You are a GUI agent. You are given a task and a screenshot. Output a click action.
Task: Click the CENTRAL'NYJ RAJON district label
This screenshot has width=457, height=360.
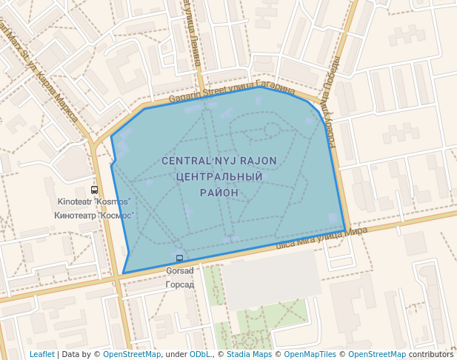point(219,161)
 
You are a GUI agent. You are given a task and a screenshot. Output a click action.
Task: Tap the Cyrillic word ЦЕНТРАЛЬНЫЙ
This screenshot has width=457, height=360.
point(220,177)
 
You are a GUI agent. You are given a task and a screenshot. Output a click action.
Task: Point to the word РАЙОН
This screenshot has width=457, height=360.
point(219,193)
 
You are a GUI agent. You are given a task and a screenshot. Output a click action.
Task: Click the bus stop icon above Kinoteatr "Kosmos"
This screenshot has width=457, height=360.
point(94,190)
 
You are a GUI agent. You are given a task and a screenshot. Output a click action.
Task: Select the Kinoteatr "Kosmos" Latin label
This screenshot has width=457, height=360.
point(94,202)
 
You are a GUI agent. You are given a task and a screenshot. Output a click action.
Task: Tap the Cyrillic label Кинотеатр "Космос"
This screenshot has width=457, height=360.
point(94,216)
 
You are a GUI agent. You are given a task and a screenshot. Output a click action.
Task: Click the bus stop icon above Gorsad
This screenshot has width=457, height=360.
point(179,259)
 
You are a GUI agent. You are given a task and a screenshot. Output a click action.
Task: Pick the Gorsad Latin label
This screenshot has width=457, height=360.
point(179,271)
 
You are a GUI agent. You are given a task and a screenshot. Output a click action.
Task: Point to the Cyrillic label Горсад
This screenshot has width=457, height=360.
point(179,284)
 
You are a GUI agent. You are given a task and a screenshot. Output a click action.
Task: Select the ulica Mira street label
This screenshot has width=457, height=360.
point(321,237)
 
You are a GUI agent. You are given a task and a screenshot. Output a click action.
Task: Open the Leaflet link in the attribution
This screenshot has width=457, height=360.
point(42,354)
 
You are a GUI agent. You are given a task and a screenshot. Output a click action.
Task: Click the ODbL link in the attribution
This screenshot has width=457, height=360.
point(199,354)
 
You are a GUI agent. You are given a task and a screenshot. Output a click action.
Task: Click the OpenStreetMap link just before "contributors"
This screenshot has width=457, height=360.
point(376,354)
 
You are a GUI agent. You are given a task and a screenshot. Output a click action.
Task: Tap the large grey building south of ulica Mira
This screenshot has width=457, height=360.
point(270,278)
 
